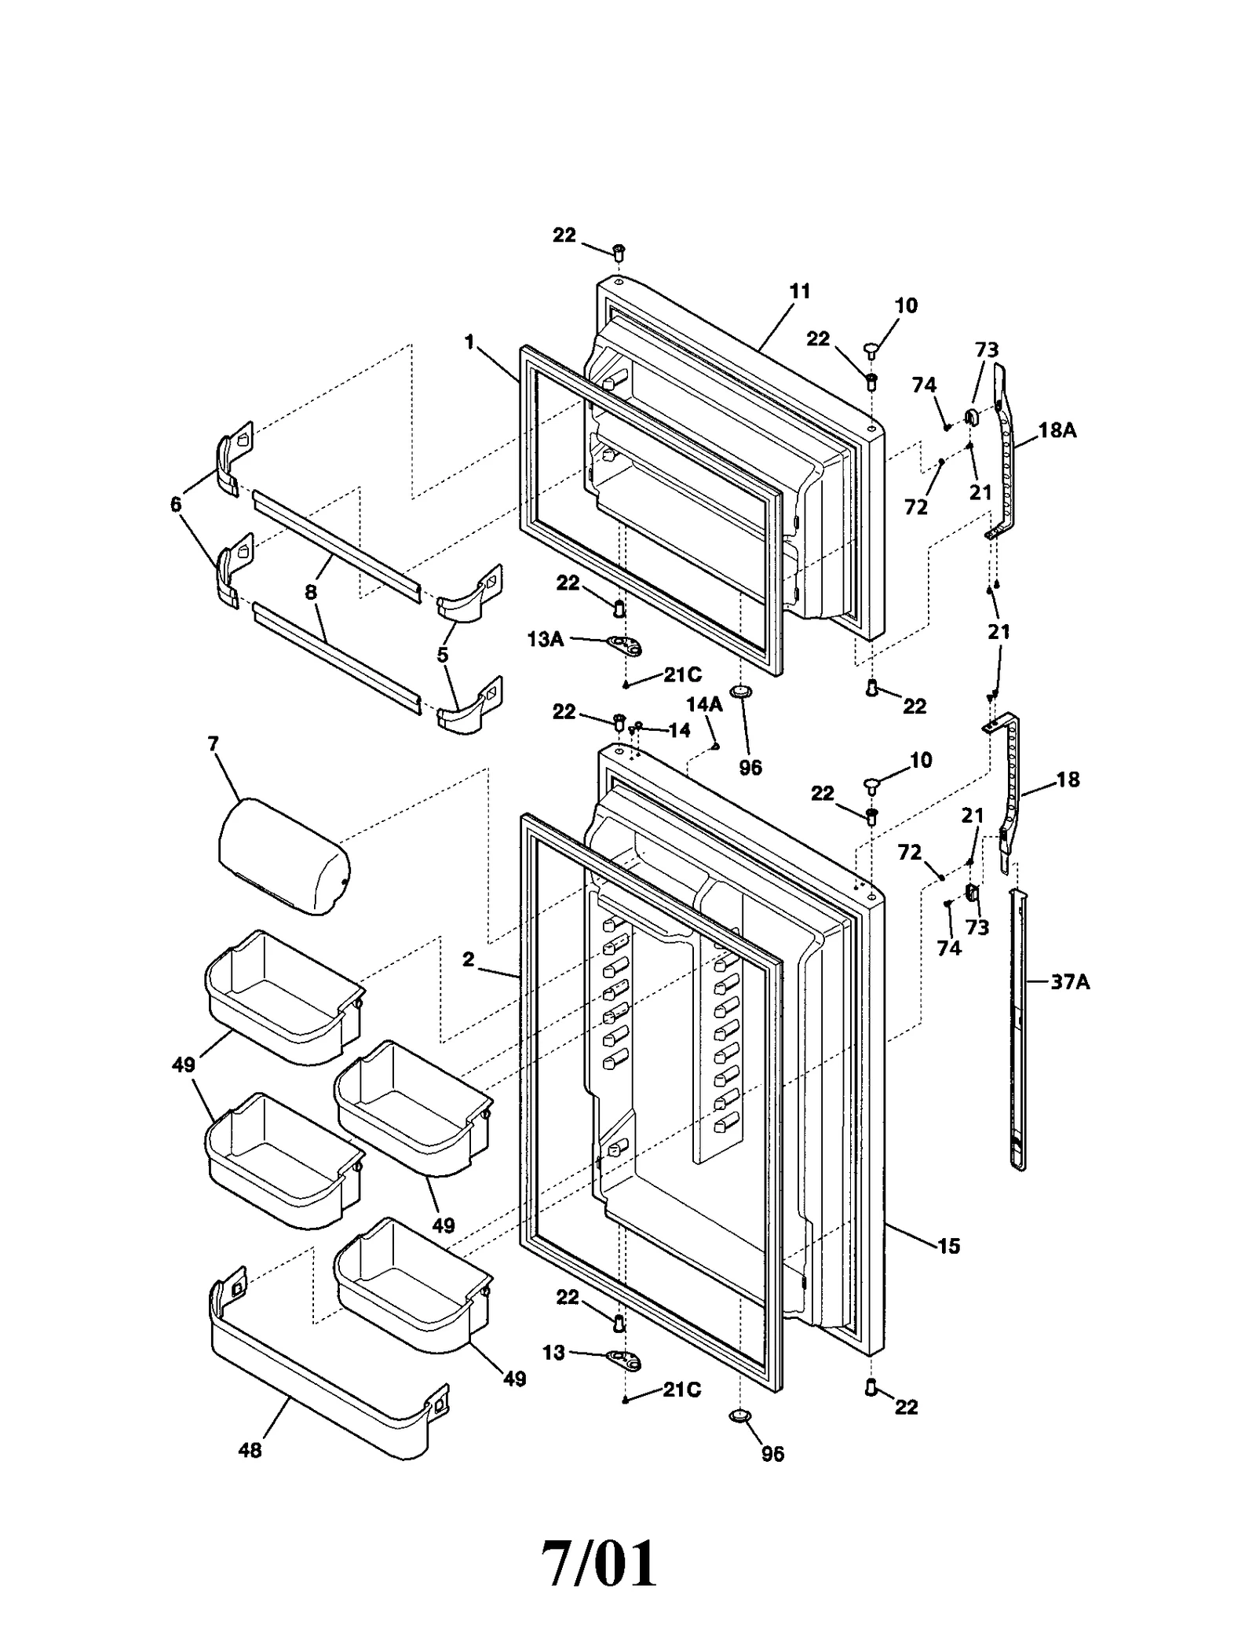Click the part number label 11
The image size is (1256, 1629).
pos(799,291)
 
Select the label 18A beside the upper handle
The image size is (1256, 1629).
pos(1057,430)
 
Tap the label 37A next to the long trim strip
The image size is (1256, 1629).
pos(1070,981)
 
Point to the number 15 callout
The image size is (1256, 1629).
pos(948,1246)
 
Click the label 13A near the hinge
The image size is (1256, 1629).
pos(546,639)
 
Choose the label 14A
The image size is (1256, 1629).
pos(704,704)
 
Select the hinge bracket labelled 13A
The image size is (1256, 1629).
pos(625,646)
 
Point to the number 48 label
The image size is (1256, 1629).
pos(250,1451)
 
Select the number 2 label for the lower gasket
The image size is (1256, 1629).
pos(468,959)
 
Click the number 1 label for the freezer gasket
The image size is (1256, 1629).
pos(469,342)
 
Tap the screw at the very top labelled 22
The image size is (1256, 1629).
pos(619,252)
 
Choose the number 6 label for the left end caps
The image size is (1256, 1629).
pos(176,505)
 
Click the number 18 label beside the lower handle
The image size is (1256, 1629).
pos(1068,780)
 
